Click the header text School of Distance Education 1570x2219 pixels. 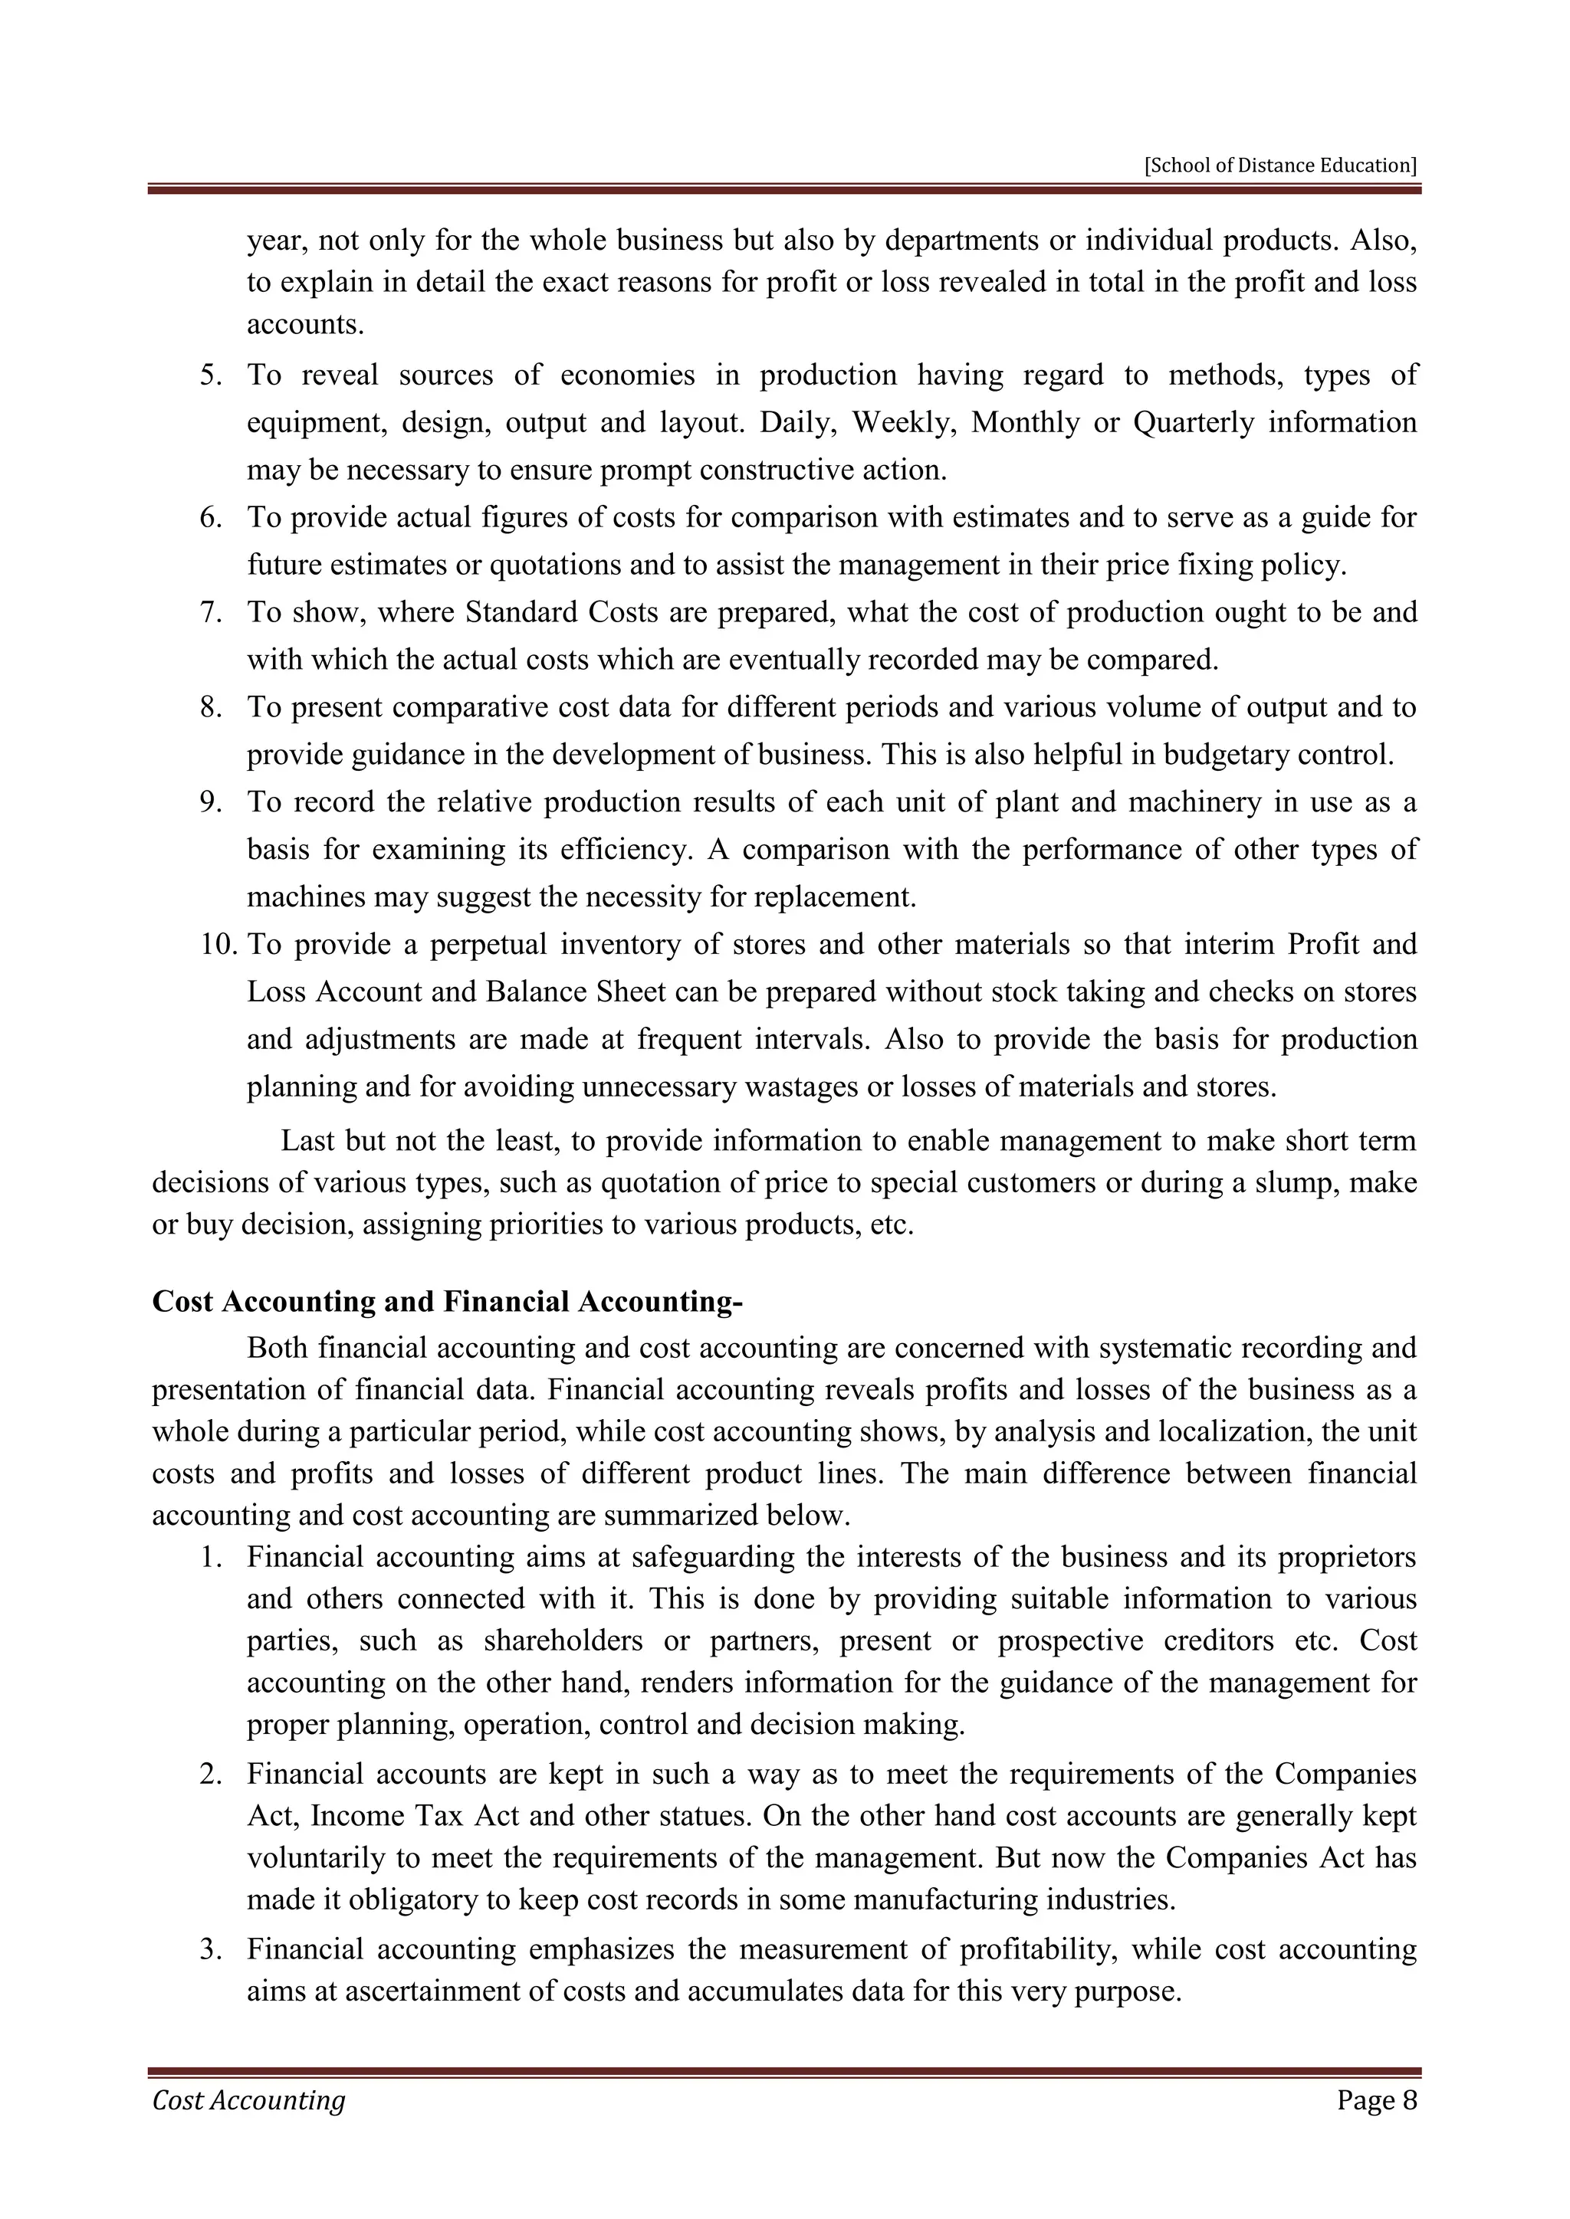click(1280, 166)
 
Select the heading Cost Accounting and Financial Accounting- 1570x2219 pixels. click(448, 1302)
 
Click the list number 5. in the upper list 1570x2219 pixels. click(212, 375)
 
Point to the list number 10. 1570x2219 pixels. click(218, 944)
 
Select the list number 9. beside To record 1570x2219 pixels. click(212, 802)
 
